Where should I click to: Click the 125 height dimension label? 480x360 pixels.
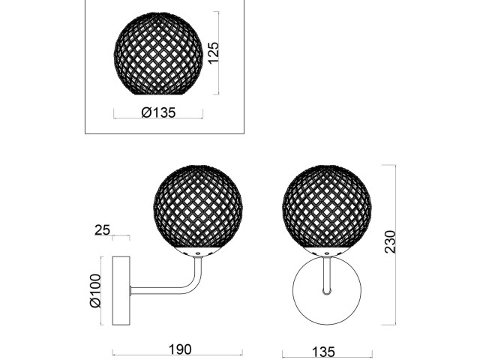click(x=213, y=53)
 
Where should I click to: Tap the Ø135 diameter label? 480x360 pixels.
click(x=158, y=112)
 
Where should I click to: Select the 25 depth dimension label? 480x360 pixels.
click(x=102, y=230)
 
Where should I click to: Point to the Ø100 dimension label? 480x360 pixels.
click(x=95, y=290)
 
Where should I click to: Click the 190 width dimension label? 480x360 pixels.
click(x=180, y=349)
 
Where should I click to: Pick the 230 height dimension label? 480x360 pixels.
click(x=390, y=241)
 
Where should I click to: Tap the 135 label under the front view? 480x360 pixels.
click(x=324, y=352)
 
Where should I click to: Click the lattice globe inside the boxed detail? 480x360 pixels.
click(x=158, y=53)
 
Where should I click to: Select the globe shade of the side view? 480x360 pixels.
click(x=198, y=206)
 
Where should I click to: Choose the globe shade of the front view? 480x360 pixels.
click(x=327, y=206)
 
